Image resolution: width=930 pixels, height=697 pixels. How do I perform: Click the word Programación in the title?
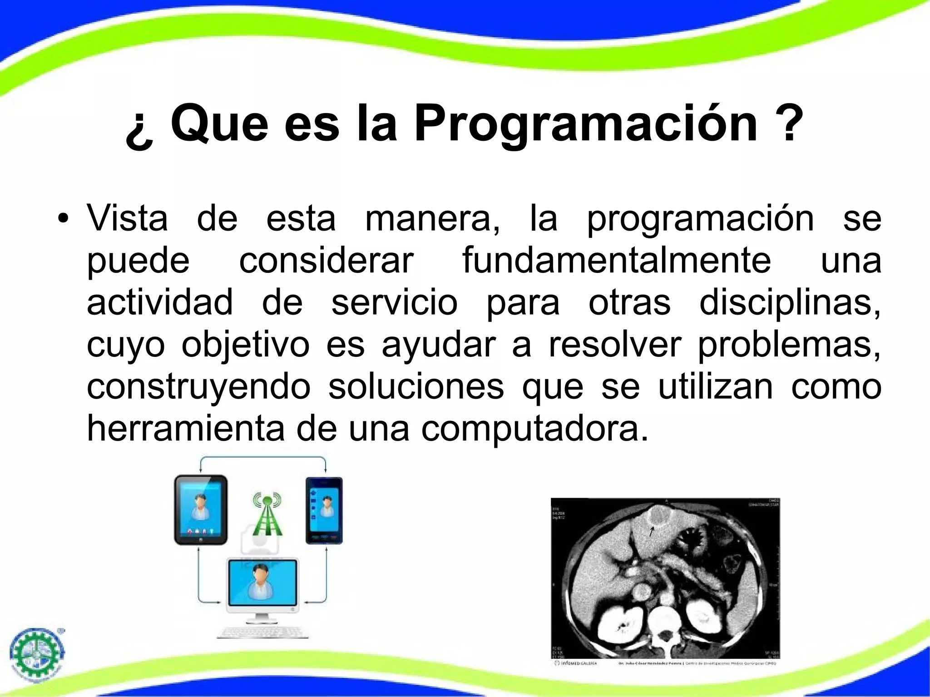586,124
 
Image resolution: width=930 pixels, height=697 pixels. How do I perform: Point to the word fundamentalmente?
616,261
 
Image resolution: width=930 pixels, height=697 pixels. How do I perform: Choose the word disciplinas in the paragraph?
789,302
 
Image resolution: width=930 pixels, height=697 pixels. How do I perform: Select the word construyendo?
198,387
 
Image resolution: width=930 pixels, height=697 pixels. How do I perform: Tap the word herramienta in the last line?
185,428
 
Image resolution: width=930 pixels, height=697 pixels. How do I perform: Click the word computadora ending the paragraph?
534,429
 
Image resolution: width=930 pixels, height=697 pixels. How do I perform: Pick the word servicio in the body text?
394,302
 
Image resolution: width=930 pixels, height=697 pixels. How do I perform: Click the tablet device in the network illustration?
201,509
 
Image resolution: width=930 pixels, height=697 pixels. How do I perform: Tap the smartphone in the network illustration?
324,510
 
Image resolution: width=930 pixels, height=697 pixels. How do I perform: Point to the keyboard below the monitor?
262,632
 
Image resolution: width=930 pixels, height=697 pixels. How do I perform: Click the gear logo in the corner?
37,654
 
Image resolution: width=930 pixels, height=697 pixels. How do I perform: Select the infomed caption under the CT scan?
576,663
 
